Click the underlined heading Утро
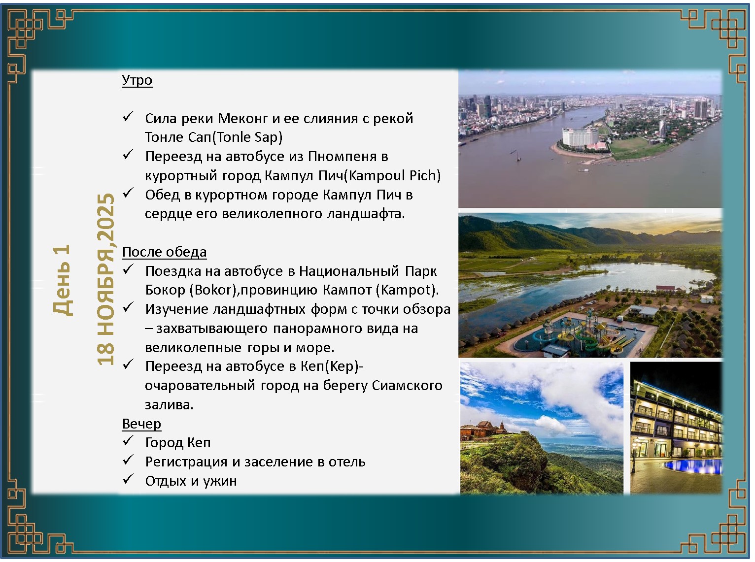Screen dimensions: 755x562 pyautogui.click(x=137, y=80)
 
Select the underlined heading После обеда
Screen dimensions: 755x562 pyautogui.click(x=164, y=252)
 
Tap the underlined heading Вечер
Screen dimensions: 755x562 pyautogui.click(x=141, y=424)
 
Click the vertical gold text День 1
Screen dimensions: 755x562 pyautogui.click(x=62, y=280)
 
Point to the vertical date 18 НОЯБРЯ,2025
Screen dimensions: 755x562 pyautogui.click(x=105, y=279)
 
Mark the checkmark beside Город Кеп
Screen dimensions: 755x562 pyautogui.click(x=128, y=441)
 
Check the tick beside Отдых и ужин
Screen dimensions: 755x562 pyautogui.click(x=128, y=479)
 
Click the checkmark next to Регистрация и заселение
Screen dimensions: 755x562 pyautogui.click(x=128, y=460)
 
